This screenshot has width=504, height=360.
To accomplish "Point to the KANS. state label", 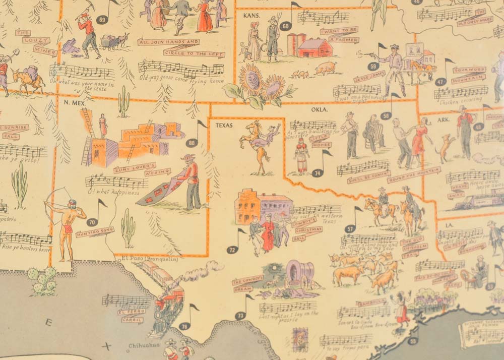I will point(250,16).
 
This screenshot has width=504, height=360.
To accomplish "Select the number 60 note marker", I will point(286,26).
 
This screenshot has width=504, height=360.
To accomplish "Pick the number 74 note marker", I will point(318,172).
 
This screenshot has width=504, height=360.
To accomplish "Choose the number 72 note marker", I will point(232,249).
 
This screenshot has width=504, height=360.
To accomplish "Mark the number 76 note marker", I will point(184,326).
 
